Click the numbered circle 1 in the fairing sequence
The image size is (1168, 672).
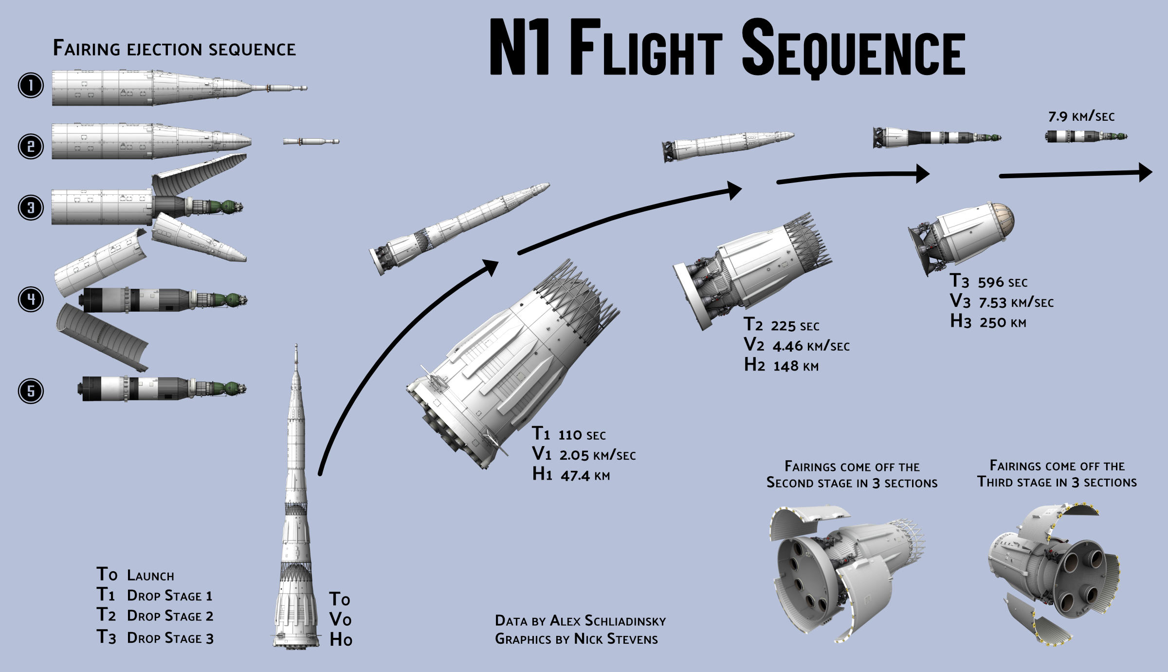[31, 86]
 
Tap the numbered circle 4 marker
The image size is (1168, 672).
[31, 299]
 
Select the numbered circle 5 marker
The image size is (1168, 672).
[31, 391]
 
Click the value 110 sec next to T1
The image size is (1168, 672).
[582, 435]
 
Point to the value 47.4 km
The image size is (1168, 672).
[585, 476]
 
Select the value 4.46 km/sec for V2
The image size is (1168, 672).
[811, 346]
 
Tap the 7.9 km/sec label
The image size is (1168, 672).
[1081, 117]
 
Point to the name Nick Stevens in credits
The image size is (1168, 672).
[616, 639]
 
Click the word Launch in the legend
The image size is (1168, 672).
[150, 576]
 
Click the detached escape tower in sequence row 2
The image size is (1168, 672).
[311, 142]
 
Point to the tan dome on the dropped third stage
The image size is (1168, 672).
[1002, 217]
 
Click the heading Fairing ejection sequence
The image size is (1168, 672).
[174, 49]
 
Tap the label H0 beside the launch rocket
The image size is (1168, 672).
[341, 639]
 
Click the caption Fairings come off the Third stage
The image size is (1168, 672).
[1057, 474]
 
